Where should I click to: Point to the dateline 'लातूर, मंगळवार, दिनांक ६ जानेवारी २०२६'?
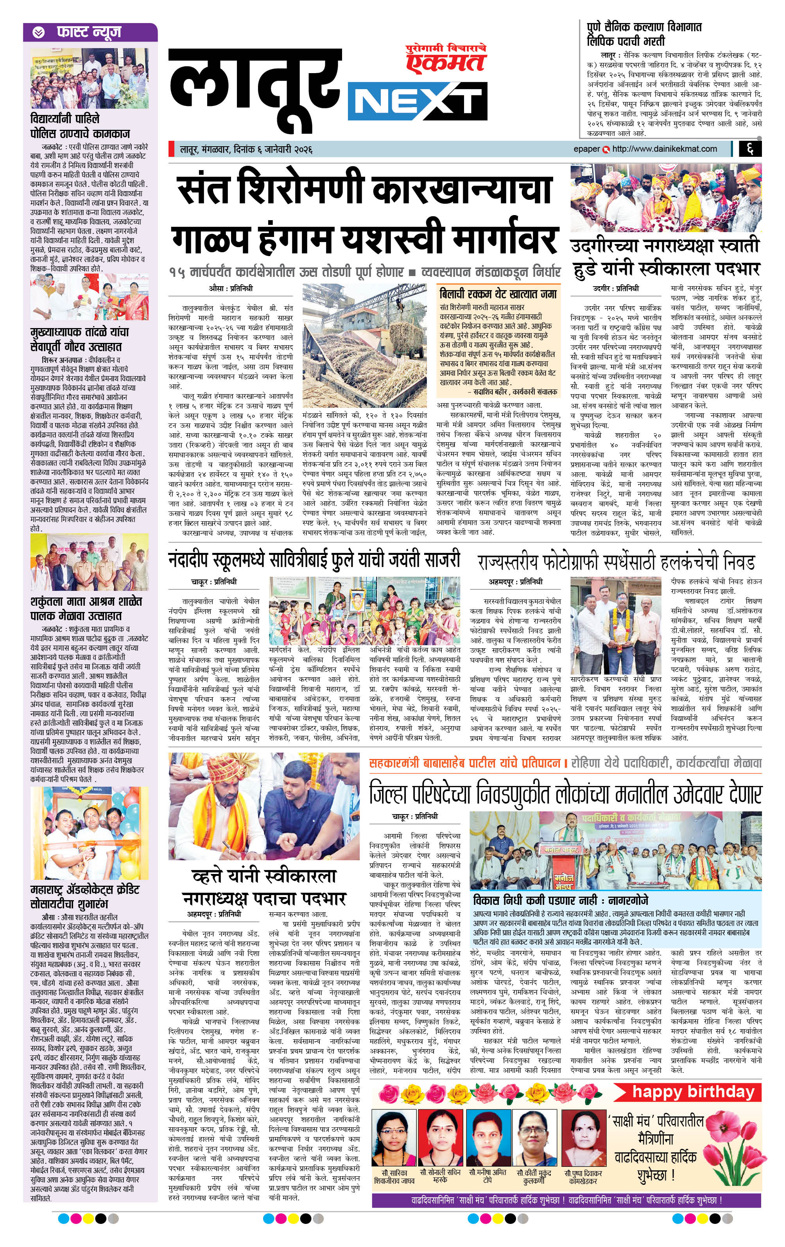click(246, 150)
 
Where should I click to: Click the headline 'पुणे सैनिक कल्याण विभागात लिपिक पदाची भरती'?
click(644, 34)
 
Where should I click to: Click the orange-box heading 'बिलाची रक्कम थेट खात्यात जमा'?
click(498, 294)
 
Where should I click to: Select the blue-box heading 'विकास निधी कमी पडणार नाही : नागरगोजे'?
click(560, 901)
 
